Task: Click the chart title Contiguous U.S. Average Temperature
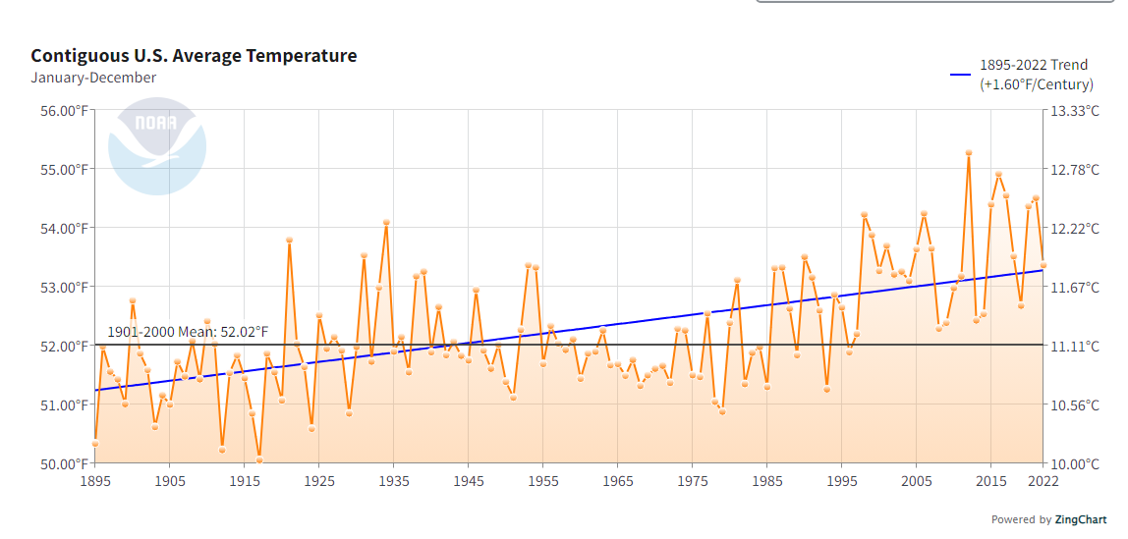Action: tap(194, 56)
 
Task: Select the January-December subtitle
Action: tap(93, 78)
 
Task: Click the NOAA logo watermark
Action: tap(157, 145)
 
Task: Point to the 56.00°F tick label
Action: tap(61, 111)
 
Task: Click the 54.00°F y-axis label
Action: tap(61, 229)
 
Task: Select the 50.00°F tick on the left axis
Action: tap(61, 463)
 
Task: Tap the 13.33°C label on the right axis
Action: tap(1075, 111)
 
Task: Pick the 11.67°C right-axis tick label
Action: tap(1075, 288)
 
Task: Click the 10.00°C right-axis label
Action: tap(1075, 463)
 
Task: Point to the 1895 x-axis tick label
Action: tap(95, 482)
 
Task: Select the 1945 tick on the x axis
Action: tap(469, 482)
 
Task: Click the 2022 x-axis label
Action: tap(1043, 482)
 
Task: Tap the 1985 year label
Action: tap(767, 482)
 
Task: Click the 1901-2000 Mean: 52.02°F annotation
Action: tap(187, 333)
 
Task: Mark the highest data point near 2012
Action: tap(969, 153)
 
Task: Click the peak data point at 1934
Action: tap(386, 223)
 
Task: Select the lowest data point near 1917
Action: tap(259, 459)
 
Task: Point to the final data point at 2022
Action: tap(1043, 265)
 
